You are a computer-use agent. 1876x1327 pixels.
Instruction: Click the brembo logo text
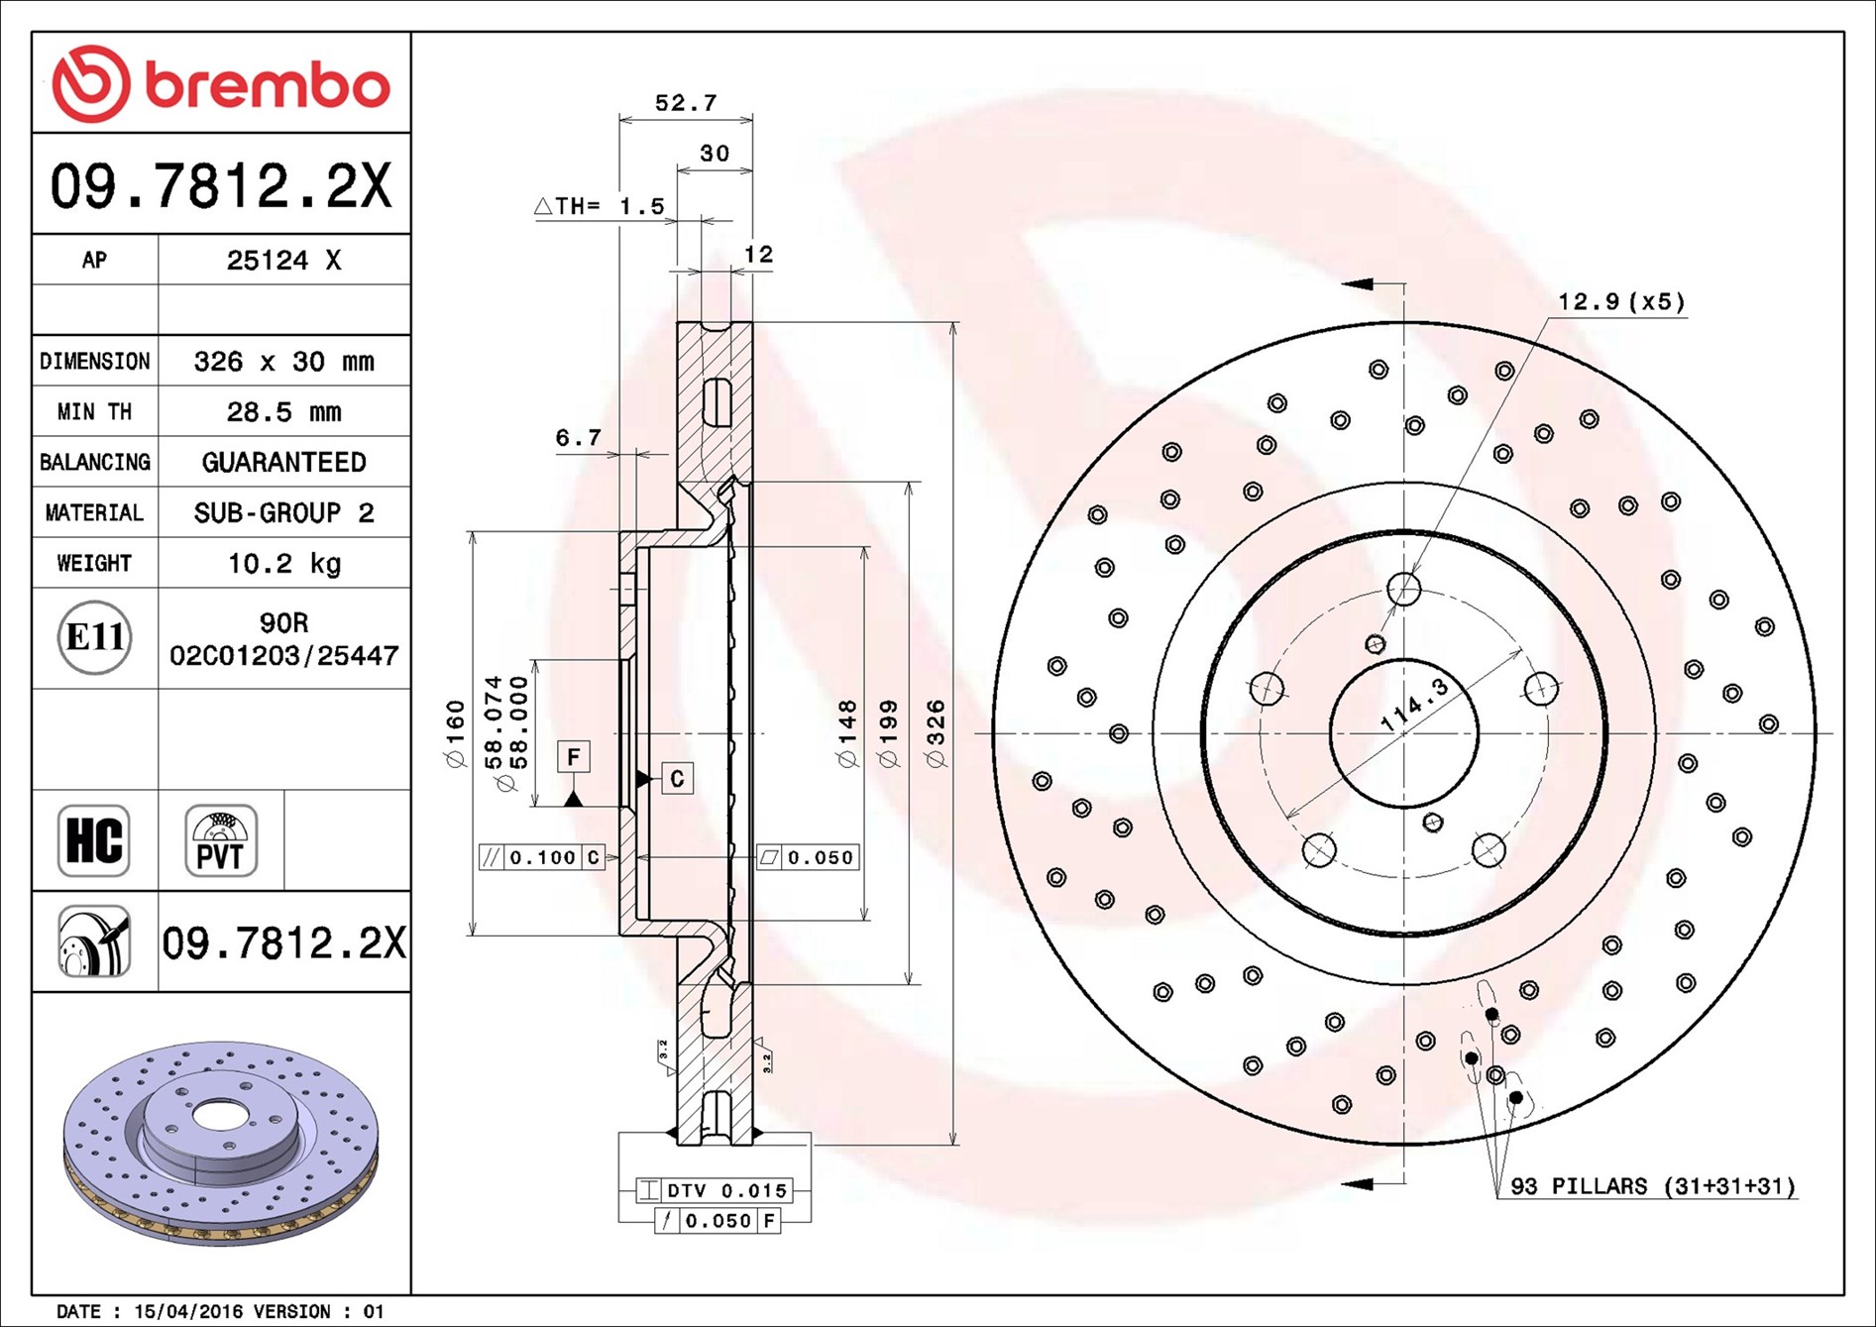pos(268,85)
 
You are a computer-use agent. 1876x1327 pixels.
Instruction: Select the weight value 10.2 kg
pos(284,564)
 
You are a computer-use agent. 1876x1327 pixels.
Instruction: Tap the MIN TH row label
pos(94,411)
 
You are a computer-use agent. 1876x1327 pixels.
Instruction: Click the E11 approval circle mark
pos(94,637)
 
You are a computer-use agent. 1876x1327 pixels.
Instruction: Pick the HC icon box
pos(94,840)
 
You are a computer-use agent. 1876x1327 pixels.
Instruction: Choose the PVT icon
pos(221,840)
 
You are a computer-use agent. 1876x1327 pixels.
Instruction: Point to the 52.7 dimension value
pos(686,102)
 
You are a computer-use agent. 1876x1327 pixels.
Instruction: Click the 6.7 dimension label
pos(578,437)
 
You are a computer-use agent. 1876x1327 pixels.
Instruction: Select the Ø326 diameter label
pos(935,733)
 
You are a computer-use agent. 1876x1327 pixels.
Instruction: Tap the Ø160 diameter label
pos(455,734)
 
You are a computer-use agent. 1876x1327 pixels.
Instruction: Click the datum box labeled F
pos(574,757)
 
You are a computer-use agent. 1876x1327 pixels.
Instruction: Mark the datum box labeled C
pos(677,779)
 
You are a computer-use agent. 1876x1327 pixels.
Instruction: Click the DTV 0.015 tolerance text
pos(727,1190)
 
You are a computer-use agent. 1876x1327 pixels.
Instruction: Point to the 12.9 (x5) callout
pos(1621,301)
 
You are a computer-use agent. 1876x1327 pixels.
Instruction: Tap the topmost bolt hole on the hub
pos(1404,589)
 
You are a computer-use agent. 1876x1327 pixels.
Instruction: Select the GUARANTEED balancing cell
pos(284,462)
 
